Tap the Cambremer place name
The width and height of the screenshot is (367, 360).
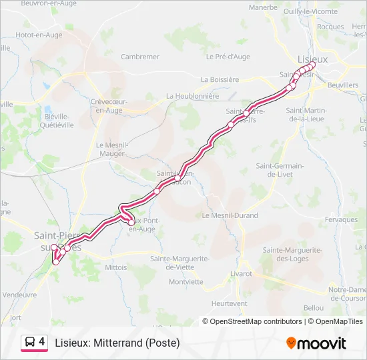point(140,57)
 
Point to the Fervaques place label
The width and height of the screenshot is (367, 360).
point(342,219)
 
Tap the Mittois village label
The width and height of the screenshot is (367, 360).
point(115,266)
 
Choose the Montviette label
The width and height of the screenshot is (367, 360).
point(186,281)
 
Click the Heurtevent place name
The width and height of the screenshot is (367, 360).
point(229,303)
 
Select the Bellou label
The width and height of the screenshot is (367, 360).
point(313,307)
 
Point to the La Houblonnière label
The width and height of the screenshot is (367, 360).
point(192,95)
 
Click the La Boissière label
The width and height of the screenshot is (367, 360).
point(220,79)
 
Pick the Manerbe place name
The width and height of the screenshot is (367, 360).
point(263,7)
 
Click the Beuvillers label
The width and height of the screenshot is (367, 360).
point(343,86)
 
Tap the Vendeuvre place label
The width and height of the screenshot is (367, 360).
point(19,294)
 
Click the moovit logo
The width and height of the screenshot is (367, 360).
point(317,343)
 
